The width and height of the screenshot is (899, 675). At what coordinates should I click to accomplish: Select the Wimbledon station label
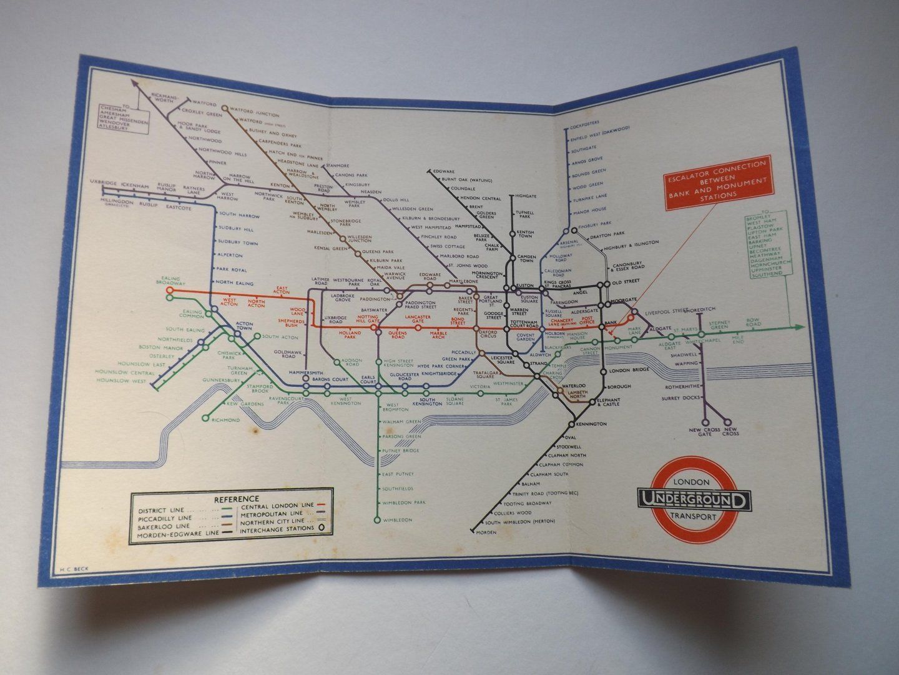pyautogui.click(x=397, y=520)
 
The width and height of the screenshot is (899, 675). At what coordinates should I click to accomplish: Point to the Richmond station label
pyautogui.click(x=225, y=420)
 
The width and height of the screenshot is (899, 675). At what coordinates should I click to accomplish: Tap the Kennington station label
pyautogui.click(x=592, y=424)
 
